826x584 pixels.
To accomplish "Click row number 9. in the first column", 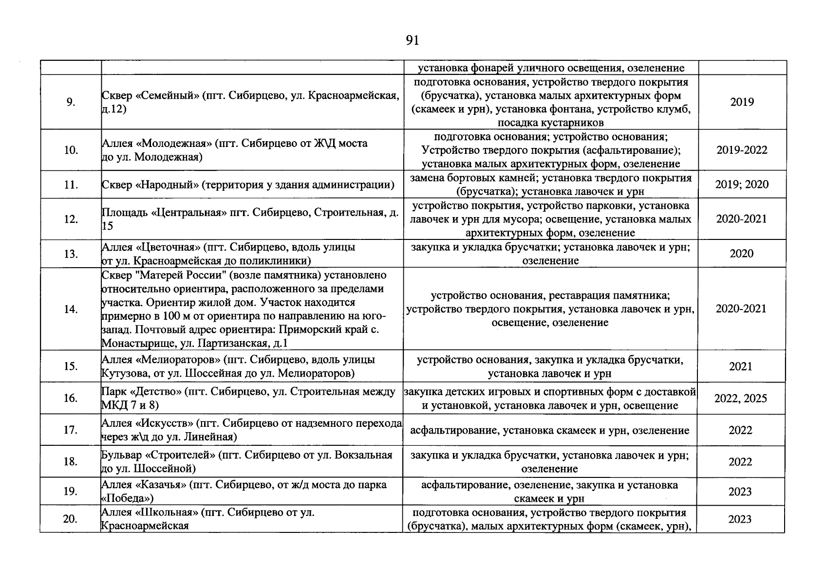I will tap(71, 102).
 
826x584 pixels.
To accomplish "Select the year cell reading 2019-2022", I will tap(741, 150).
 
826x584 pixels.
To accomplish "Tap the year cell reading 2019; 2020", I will tap(741, 184).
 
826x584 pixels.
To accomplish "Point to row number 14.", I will tap(71, 309).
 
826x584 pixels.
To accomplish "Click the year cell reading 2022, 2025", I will tap(740, 399).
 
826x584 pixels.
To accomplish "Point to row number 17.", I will tap(71, 430).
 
